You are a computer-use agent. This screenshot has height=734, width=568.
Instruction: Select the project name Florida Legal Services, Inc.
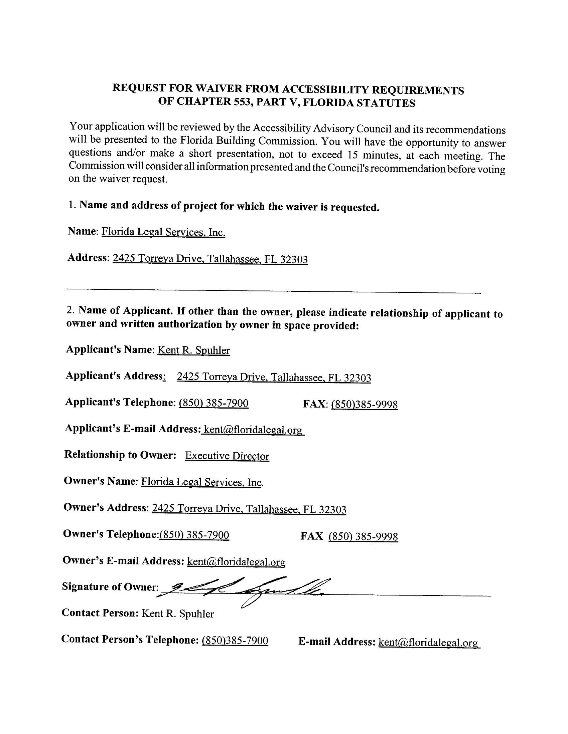[x=163, y=232]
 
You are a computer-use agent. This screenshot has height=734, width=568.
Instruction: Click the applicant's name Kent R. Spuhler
[x=193, y=350]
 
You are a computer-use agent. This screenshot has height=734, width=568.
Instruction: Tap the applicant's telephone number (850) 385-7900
[x=214, y=403]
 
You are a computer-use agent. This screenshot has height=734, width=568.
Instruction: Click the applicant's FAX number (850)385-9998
[x=365, y=404]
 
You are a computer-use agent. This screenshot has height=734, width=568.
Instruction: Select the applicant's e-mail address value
[x=253, y=430]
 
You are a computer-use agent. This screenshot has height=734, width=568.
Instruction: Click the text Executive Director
[x=227, y=456]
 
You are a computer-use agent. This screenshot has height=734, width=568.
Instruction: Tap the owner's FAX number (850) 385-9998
[x=363, y=536]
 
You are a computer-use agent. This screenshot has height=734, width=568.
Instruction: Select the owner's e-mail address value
[x=236, y=561]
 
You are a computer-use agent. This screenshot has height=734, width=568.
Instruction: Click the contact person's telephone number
[x=235, y=641]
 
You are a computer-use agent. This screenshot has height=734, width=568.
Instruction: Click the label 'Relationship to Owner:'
[x=120, y=454]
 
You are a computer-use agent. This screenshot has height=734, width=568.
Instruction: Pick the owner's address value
[x=249, y=509]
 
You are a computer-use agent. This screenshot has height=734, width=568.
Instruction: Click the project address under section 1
[x=210, y=259]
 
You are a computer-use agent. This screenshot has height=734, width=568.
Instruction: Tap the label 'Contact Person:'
[x=100, y=613]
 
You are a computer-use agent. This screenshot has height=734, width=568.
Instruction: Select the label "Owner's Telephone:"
[x=111, y=534]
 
